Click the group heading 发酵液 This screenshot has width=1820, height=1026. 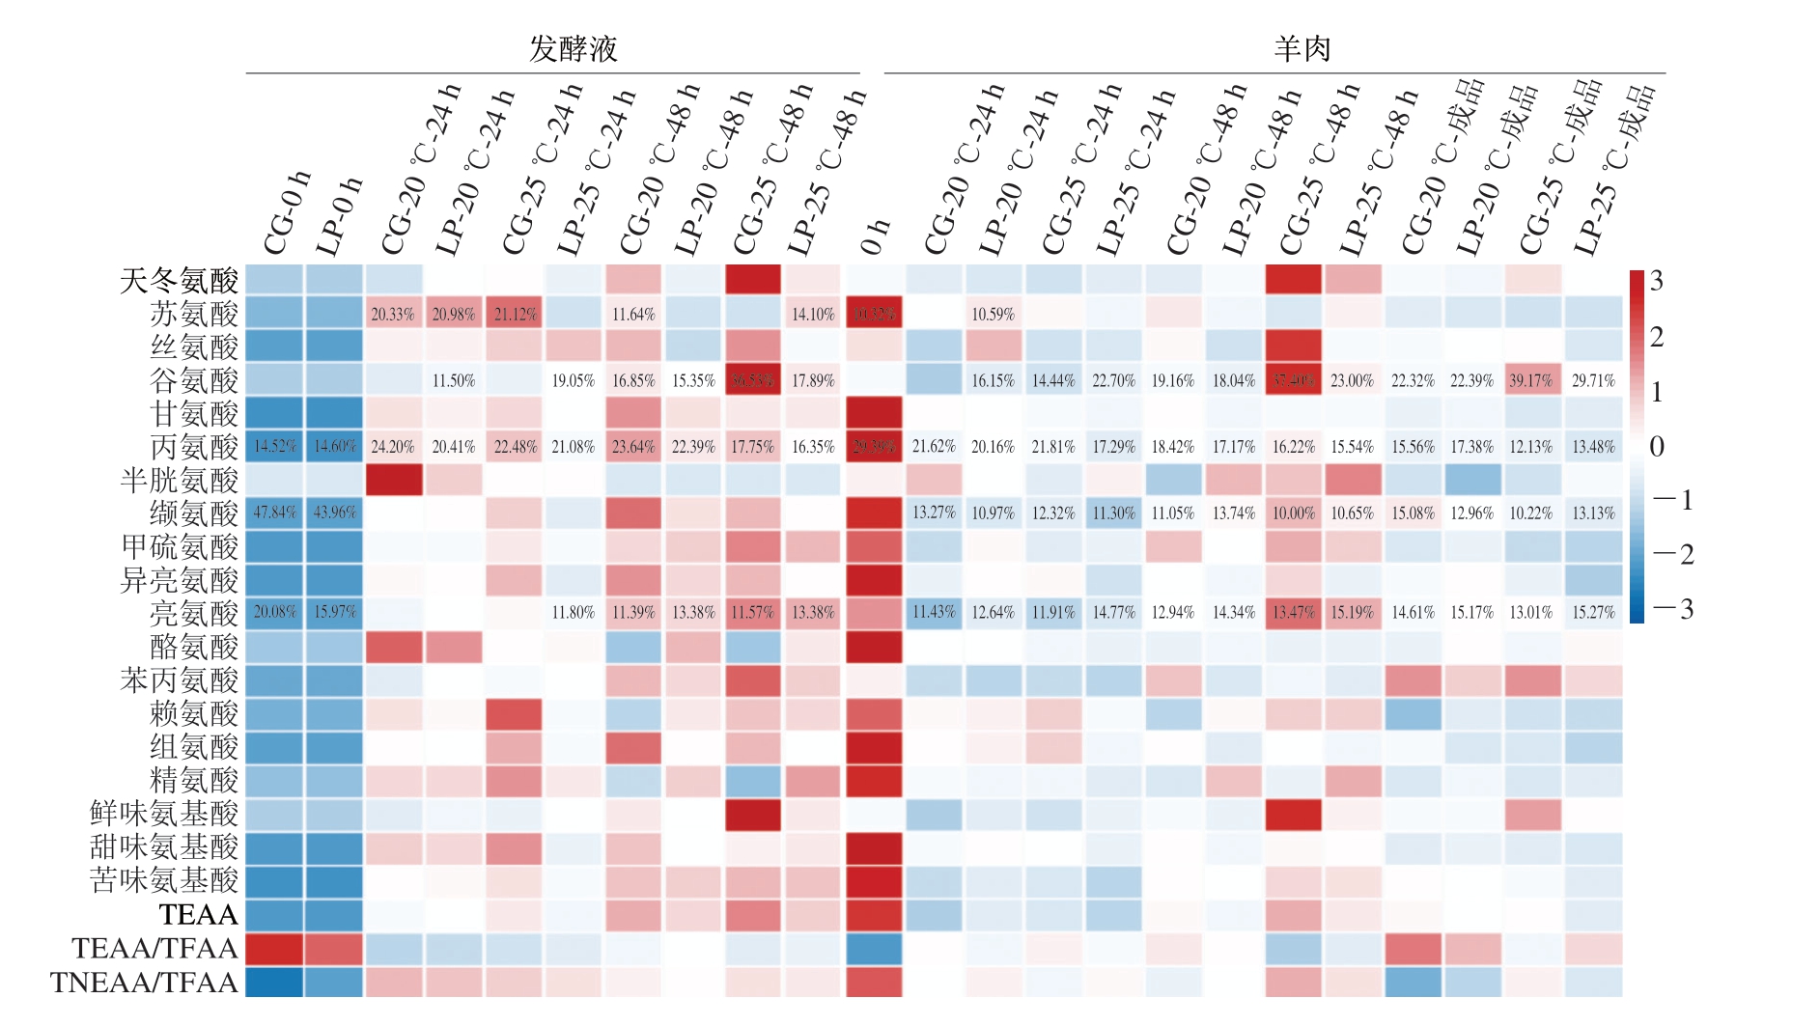pos(573,49)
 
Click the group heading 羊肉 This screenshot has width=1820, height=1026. pos(1302,49)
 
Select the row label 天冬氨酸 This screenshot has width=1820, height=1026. pos(179,281)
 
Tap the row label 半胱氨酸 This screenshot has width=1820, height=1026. pos(179,480)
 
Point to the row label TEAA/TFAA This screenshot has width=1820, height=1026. pos(154,948)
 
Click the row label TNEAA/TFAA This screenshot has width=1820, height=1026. pos(144,982)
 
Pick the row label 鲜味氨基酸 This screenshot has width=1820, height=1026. pos(164,814)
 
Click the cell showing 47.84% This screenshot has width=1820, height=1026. pos(274,513)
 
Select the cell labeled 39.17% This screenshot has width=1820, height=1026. pos(1531,380)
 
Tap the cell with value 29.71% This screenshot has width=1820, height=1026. pos(1592,380)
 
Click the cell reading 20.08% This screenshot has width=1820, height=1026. pos(274,612)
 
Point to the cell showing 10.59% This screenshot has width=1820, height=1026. pos(993,314)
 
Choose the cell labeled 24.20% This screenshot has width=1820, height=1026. pos(393,447)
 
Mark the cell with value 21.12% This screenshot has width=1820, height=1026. pos(514,314)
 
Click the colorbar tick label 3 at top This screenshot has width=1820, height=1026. pos(1657,281)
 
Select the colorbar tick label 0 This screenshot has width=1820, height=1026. pos(1657,446)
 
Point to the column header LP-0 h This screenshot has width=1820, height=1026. pos(339,217)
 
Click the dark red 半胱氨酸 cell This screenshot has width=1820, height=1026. pos(393,480)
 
